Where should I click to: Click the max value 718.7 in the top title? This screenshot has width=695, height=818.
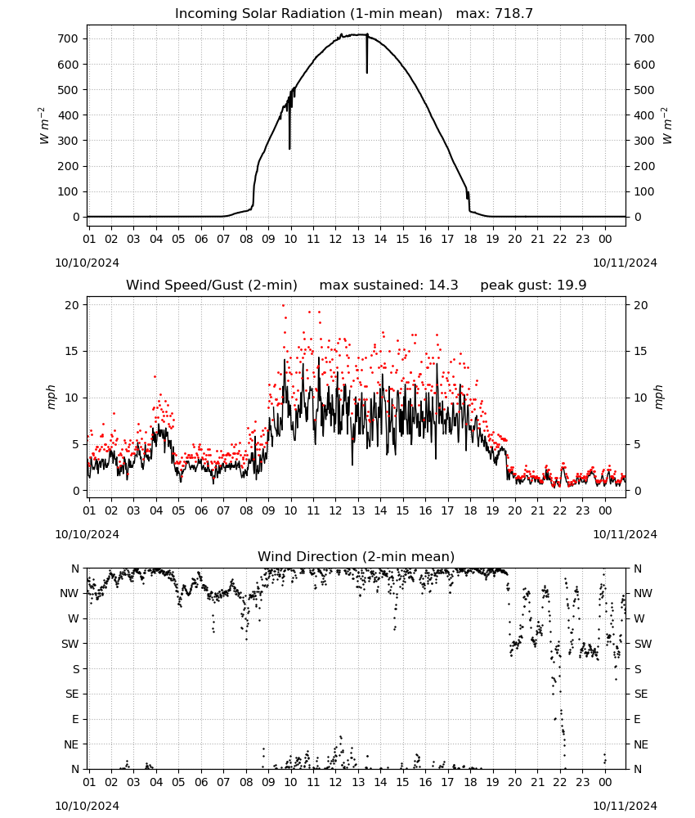pyautogui.click(x=513, y=13)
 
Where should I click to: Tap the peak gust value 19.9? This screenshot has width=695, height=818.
pyautogui.click(x=570, y=285)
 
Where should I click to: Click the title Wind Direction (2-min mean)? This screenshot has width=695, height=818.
pyautogui.click(x=356, y=556)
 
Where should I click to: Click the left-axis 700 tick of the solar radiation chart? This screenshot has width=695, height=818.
pyautogui.click(x=68, y=38)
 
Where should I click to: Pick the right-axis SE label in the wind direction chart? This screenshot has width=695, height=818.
pyautogui.click(x=641, y=694)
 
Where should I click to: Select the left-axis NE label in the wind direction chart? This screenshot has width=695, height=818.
pyautogui.click(x=71, y=744)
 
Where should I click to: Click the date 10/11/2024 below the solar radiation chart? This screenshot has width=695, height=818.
pyautogui.click(x=625, y=263)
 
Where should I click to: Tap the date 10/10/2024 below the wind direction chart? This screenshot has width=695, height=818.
pyautogui.click(x=87, y=806)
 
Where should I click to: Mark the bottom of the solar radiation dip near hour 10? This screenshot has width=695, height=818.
pyautogui.click(x=289, y=149)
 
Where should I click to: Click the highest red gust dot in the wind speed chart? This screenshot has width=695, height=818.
pyautogui.click(x=283, y=305)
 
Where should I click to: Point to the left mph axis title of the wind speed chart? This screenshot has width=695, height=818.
pyautogui.click(x=51, y=397)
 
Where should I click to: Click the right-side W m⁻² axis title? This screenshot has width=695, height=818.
pyautogui.click(x=667, y=126)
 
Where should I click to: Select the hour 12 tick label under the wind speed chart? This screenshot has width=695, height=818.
pyautogui.click(x=335, y=510)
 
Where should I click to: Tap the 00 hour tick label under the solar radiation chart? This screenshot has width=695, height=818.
pyautogui.click(x=605, y=239)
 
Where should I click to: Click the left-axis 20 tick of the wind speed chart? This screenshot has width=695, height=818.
pyautogui.click(x=72, y=305)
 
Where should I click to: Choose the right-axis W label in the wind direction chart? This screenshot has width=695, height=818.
pyautogui.click(x=639, y=618)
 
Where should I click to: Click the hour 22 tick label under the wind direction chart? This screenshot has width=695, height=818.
pyautogui.click(x=560, y=783)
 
